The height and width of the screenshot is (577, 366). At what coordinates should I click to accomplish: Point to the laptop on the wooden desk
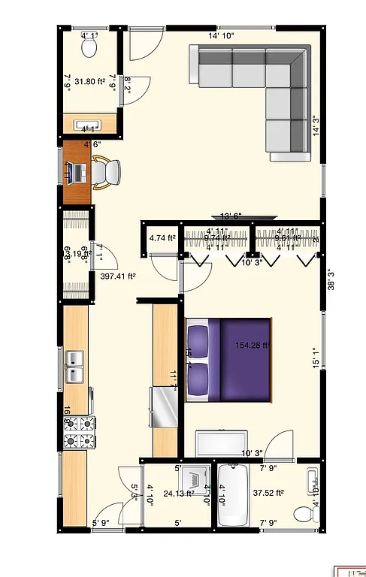[x=76, y=172]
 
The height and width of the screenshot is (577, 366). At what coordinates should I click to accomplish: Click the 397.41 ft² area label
[x=118, y=276]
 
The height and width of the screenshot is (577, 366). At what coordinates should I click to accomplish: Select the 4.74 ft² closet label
[x=162, y=239]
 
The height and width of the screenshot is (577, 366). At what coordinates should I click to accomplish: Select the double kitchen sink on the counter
[x=75, y=367]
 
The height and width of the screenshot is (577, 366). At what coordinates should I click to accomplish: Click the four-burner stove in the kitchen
[x=81, y=433]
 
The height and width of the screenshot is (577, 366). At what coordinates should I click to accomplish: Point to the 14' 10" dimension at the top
[x=221, y=35]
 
